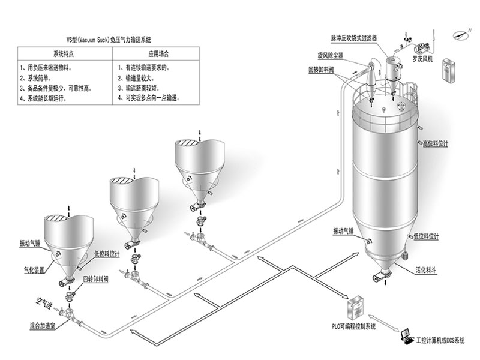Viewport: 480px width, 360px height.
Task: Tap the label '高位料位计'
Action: pos(435,144)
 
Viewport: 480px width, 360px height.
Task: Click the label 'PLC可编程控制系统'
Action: pos(354,326)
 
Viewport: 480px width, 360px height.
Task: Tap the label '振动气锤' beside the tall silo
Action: pos(343,231)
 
